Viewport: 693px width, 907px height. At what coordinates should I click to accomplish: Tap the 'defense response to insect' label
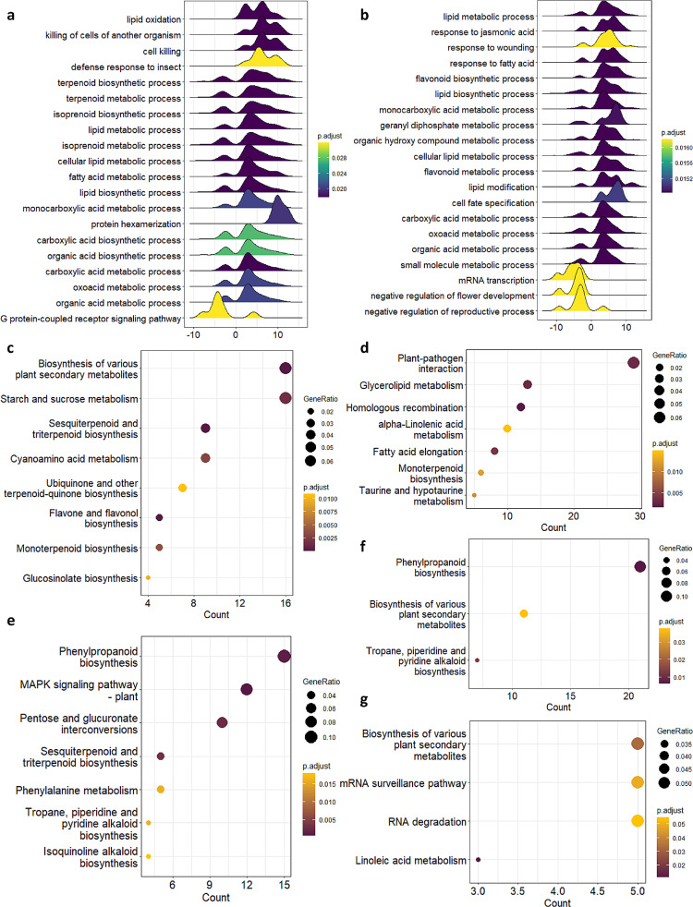tap(128, 67)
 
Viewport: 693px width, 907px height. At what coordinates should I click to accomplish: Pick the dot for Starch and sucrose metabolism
tap(286, 398)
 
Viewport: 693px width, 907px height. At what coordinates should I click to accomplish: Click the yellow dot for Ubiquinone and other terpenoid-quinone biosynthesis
tap(182, 488)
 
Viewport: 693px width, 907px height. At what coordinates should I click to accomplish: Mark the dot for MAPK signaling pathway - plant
tap(247, 689)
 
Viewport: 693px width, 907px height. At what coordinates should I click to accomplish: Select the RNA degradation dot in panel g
tap(637, 794)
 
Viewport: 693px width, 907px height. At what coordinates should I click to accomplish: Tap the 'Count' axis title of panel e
tap(210, 897)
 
